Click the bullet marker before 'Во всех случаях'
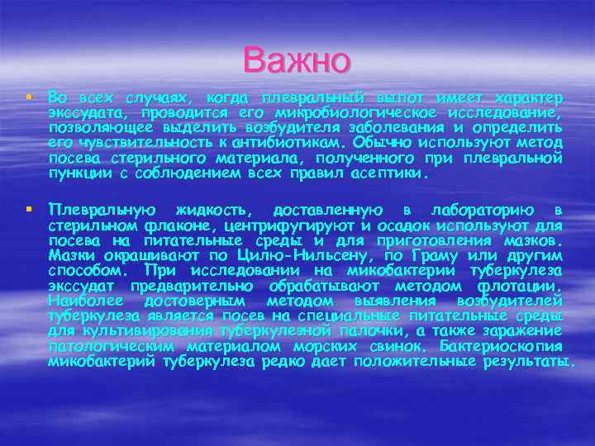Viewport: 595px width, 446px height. pyautogui.click(x=30, y=98)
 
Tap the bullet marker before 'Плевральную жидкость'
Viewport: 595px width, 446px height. pyautogui.click(x=30, y=207)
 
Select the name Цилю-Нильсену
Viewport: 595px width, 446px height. pyautogui.click(x=278, y=254)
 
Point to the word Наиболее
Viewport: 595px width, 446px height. pyautogui.click(x=84, y=301)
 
